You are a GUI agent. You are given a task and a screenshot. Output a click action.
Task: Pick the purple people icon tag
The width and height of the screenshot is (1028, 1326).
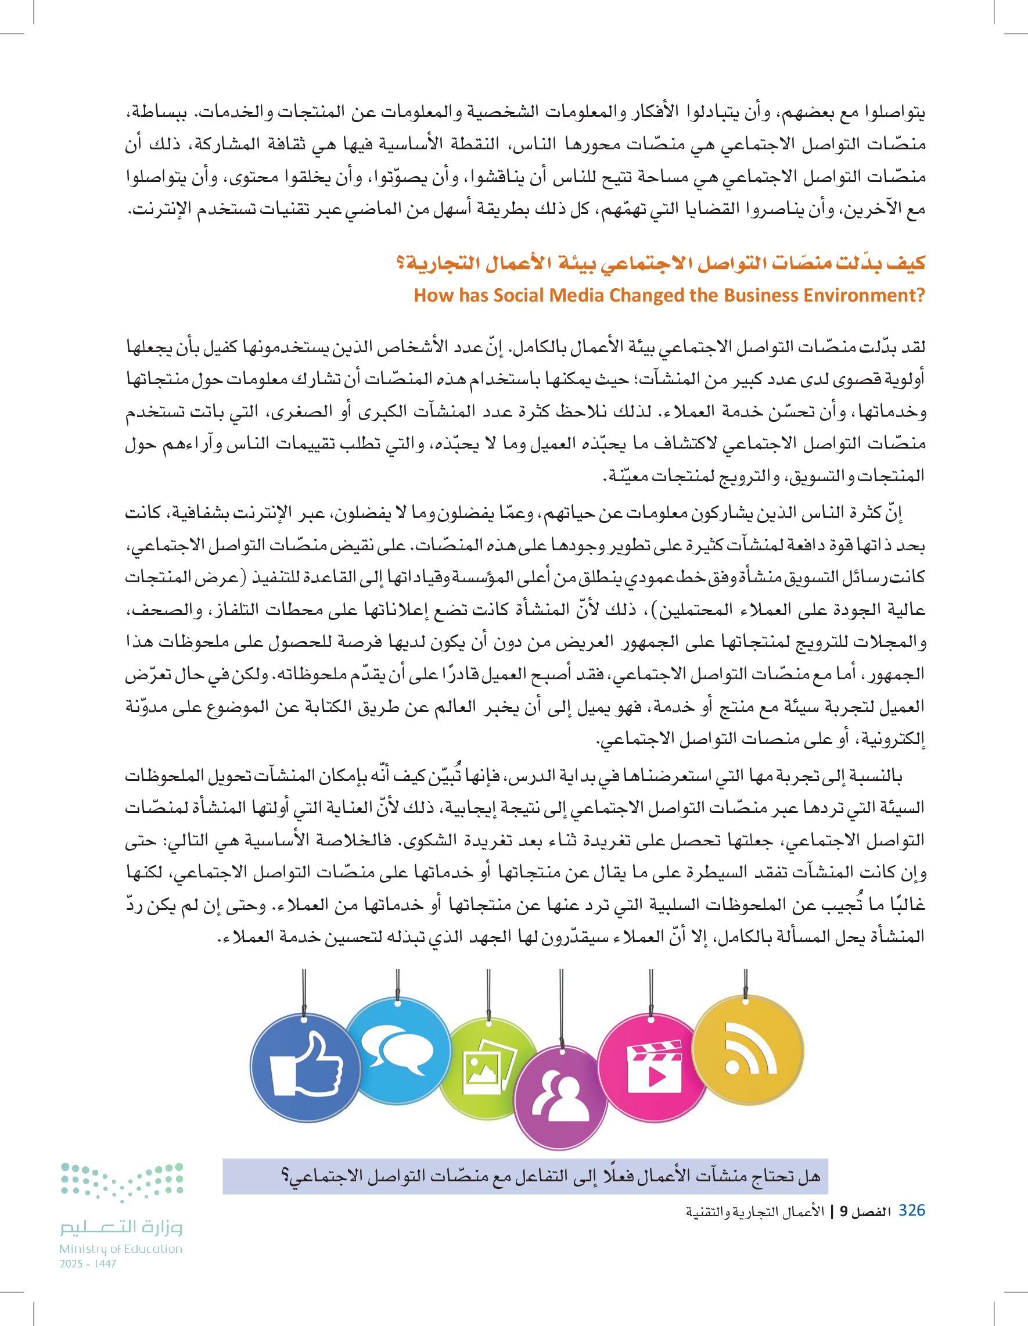click(x=560, y=1099)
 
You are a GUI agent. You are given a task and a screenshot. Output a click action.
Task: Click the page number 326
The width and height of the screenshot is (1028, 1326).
click(x=911, y=1210)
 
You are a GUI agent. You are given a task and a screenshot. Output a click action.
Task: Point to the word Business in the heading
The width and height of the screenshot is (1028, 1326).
click(x=753, y=295)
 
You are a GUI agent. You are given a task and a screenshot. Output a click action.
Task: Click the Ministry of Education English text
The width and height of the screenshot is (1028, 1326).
click(x=121, y=1249)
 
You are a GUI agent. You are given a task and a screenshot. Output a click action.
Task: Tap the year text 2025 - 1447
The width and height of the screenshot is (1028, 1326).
click(x=88, y=1263)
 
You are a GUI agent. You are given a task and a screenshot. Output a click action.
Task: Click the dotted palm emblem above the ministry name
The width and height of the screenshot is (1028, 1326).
click(x=122, y=1181)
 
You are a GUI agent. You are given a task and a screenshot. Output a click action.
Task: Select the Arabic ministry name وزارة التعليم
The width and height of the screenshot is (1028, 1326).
click(x=121, y=1228)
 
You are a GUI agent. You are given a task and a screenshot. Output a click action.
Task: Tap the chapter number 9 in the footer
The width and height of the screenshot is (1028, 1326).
click(x=843, y=1212)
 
